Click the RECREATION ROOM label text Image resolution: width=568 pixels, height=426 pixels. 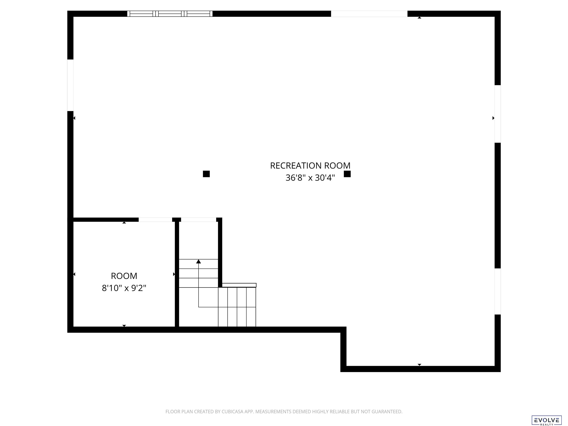[x=310, y=166]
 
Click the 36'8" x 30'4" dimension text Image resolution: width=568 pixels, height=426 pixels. [x=310, y=178]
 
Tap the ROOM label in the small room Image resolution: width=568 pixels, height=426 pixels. [x=124, y=276]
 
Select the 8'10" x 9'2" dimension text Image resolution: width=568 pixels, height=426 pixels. [x=124, y=288]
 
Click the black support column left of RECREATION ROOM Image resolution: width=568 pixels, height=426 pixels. [x=206, y=174]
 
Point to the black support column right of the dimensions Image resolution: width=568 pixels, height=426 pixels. [x=347, y=174]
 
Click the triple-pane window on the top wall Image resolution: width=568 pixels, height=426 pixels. [x=170, y=14]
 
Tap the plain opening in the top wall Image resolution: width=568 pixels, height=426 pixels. [x=369, y=14]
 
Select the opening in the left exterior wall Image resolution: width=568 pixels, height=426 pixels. [x=70, y=85]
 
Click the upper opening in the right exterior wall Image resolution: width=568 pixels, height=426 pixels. [x=498, y=114]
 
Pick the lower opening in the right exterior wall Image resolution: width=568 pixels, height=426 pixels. [x=498, y=291]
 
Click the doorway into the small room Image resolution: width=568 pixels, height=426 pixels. [x=155, y=219]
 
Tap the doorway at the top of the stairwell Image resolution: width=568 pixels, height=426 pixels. [x=199, y=219]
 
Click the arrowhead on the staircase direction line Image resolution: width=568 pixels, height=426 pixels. [x=199, y=261]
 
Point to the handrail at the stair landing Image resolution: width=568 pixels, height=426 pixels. [x=239, y=285]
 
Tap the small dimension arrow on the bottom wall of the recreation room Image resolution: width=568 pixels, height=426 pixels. [x=419, y=365]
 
